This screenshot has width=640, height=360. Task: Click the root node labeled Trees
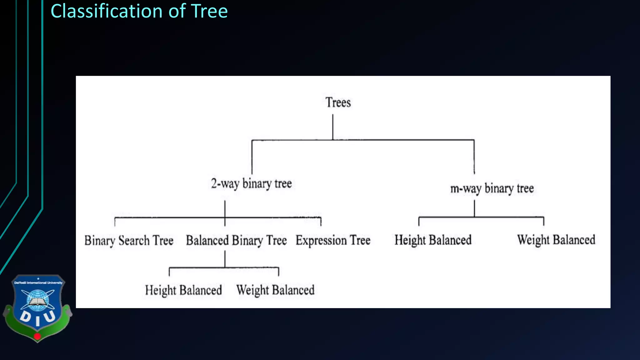338,102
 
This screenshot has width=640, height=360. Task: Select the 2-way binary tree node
251,184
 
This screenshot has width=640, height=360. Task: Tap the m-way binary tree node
492,189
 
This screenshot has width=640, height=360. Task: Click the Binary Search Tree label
129,241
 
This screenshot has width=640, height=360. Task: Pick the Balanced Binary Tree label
236,241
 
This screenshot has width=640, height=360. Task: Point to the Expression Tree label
333,241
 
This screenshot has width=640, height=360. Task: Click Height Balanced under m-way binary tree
433,240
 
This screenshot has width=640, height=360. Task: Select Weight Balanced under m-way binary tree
556,240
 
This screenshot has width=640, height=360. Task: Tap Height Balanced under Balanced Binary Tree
183,290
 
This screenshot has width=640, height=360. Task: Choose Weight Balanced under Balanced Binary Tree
275,290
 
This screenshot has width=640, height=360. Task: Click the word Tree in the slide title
209,11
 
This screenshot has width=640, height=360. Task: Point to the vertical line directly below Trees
332,127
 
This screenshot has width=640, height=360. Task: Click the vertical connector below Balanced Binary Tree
225,259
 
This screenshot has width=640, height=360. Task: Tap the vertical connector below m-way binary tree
474,208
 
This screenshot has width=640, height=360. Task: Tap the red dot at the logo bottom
37,337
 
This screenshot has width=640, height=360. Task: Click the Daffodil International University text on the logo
38,283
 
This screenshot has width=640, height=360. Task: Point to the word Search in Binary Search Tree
134,241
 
